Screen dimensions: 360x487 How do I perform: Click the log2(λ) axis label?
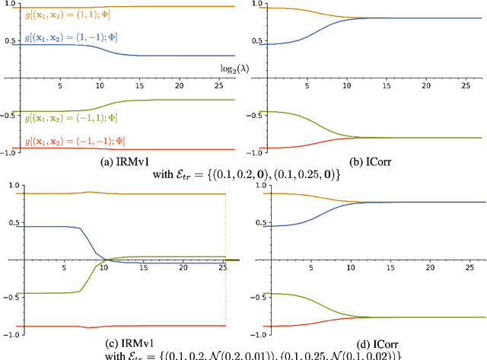pos(225,68)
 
